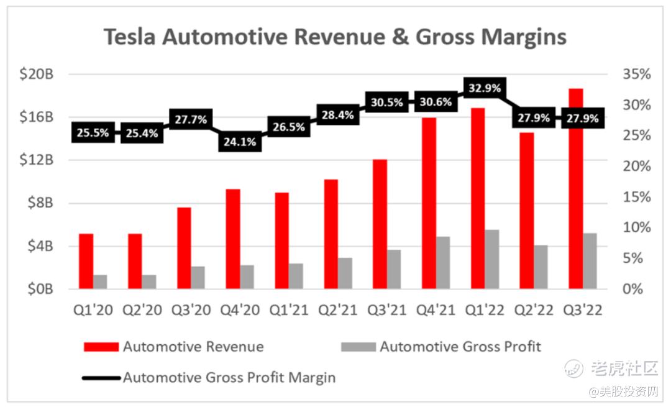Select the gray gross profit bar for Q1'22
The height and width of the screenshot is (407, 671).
(x=492, y=260)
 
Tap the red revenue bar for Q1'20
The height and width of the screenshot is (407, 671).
(x=86, y=262)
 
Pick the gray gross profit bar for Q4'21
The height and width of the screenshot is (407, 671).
(x=443, y=263)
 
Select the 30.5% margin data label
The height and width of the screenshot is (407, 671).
(x=387, y=103)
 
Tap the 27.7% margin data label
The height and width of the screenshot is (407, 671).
(x=191, y=119)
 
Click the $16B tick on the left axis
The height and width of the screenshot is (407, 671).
(x=38, y=117)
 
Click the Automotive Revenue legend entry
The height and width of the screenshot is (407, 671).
(x=193, y=347)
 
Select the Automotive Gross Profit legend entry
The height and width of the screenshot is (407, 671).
(x=460, y=347)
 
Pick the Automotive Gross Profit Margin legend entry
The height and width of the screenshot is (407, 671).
(x=229, y=377)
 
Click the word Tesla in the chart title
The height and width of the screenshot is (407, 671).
(x=130, y=37)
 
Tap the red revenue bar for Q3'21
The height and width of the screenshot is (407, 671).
(x=380, y=224)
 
